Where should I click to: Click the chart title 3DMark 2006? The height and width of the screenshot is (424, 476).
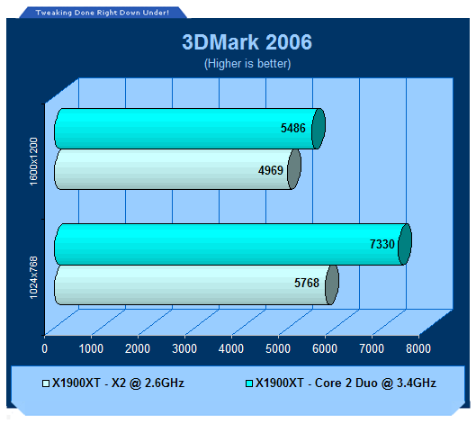point(247,42)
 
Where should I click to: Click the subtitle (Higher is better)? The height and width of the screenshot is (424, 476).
point(247,64)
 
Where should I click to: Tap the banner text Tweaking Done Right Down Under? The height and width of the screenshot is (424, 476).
point(103,13)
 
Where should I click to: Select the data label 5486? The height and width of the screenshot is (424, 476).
point(293,128)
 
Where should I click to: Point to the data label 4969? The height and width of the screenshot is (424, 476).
point(271,170)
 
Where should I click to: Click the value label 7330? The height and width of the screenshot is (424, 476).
point(382,244)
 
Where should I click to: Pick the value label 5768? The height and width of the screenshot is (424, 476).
point(307,283)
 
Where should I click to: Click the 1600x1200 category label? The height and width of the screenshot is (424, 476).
point(33,161)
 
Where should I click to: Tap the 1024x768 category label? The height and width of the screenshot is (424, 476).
point(33,277)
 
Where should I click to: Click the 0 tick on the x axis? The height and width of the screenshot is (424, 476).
point(45,348)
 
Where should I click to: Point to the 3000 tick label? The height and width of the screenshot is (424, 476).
point(184,348)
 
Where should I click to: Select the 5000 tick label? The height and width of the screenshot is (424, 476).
point(278,348)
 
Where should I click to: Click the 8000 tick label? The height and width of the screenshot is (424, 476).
point(418,348)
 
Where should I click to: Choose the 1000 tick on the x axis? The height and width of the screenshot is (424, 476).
point(91,348)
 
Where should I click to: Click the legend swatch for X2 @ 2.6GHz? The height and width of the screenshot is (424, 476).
point(46,383)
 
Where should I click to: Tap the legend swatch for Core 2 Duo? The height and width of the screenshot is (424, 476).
point(249,383)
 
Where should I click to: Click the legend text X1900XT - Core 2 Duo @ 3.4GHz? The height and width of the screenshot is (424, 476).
point(346,383)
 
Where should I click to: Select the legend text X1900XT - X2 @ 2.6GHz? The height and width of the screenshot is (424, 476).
point(118,383)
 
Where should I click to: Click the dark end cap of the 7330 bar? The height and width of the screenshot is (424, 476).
point(405,244)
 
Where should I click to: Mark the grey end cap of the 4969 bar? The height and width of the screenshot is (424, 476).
point(294,169)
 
